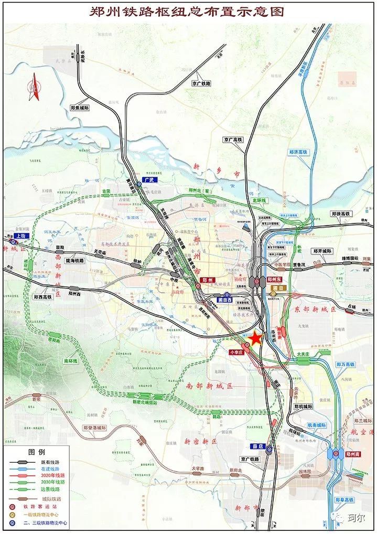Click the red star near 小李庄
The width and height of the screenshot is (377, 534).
(x=255, y=339)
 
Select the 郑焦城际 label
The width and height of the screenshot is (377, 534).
(x=79, y=108)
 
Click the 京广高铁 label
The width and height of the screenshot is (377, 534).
(x=232, y=140)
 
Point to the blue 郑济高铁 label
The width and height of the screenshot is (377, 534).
(x=299, y=152)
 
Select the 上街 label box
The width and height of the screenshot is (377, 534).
(x=21, y=236)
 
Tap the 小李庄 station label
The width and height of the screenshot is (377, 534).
(x=238, y=353)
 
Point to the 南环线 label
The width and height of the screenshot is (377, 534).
(x=71, y=361)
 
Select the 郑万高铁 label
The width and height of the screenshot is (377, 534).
(x=346, y=364)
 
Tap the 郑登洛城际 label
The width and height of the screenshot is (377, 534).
(x=94, y=428)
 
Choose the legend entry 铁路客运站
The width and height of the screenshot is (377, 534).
(x=47, y=507)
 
